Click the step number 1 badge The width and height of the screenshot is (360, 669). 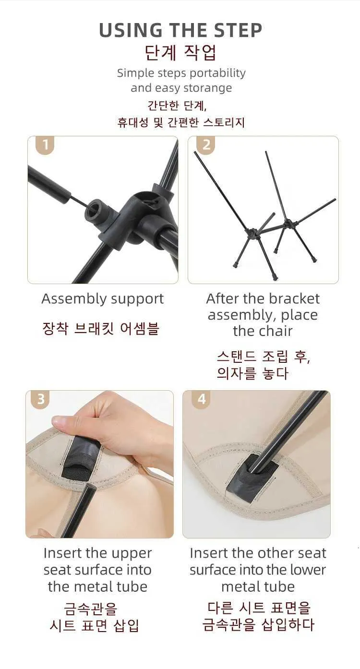point(45,145)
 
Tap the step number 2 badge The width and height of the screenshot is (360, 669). point(206,145)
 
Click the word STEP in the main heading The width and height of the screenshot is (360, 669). point(233,30)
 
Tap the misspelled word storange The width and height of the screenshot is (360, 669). point(208,88)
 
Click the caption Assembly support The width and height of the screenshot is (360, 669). point(102,299)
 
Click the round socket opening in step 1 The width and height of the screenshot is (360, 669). point(96,209)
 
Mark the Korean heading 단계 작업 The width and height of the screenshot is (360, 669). point(181,53)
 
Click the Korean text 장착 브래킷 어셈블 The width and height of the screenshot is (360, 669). point(101,329)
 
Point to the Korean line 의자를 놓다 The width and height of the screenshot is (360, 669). point(252,374)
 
